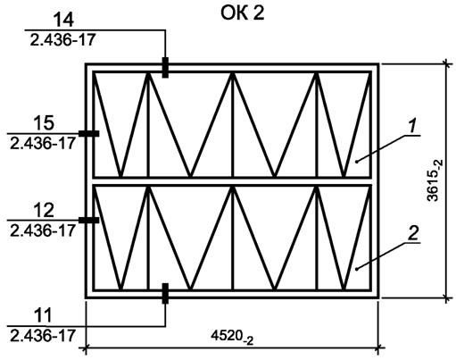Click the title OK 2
point(242,13)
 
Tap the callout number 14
point(63,21)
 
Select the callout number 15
point(44,123)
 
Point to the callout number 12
point(44,210)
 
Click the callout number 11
point(43,315)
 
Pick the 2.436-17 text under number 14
point(62,39)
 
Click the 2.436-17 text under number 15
point(43,144)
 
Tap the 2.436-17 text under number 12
point(43,230)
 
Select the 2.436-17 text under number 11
point(43,336)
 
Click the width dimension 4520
point(232,337)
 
